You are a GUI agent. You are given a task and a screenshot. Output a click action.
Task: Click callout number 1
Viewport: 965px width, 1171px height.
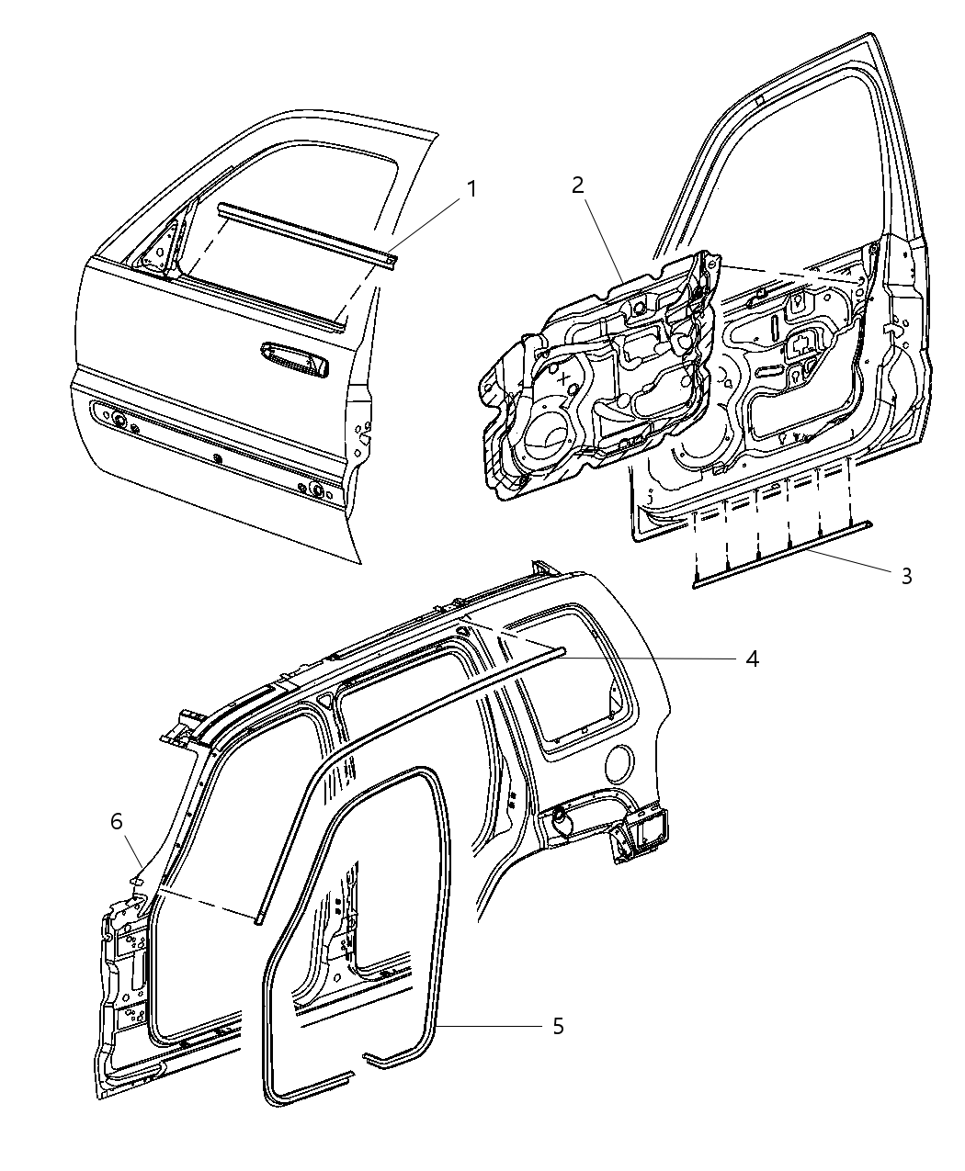click(471, 189)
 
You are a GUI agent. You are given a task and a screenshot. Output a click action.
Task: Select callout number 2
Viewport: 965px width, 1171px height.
click(577, 186)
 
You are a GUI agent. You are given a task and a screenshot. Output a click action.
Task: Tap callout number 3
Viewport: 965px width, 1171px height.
click(906, 576)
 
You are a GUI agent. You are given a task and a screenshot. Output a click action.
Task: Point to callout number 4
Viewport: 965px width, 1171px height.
click(752, 659)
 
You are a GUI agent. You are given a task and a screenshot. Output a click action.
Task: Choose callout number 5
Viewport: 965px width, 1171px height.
click(558, 1026)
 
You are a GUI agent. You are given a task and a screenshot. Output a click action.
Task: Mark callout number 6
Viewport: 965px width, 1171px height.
click(117, 821)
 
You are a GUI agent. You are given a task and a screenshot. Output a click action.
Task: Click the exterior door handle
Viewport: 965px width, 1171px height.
click(294, 358)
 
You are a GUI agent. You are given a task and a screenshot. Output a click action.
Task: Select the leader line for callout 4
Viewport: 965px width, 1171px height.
click(643, 658)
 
